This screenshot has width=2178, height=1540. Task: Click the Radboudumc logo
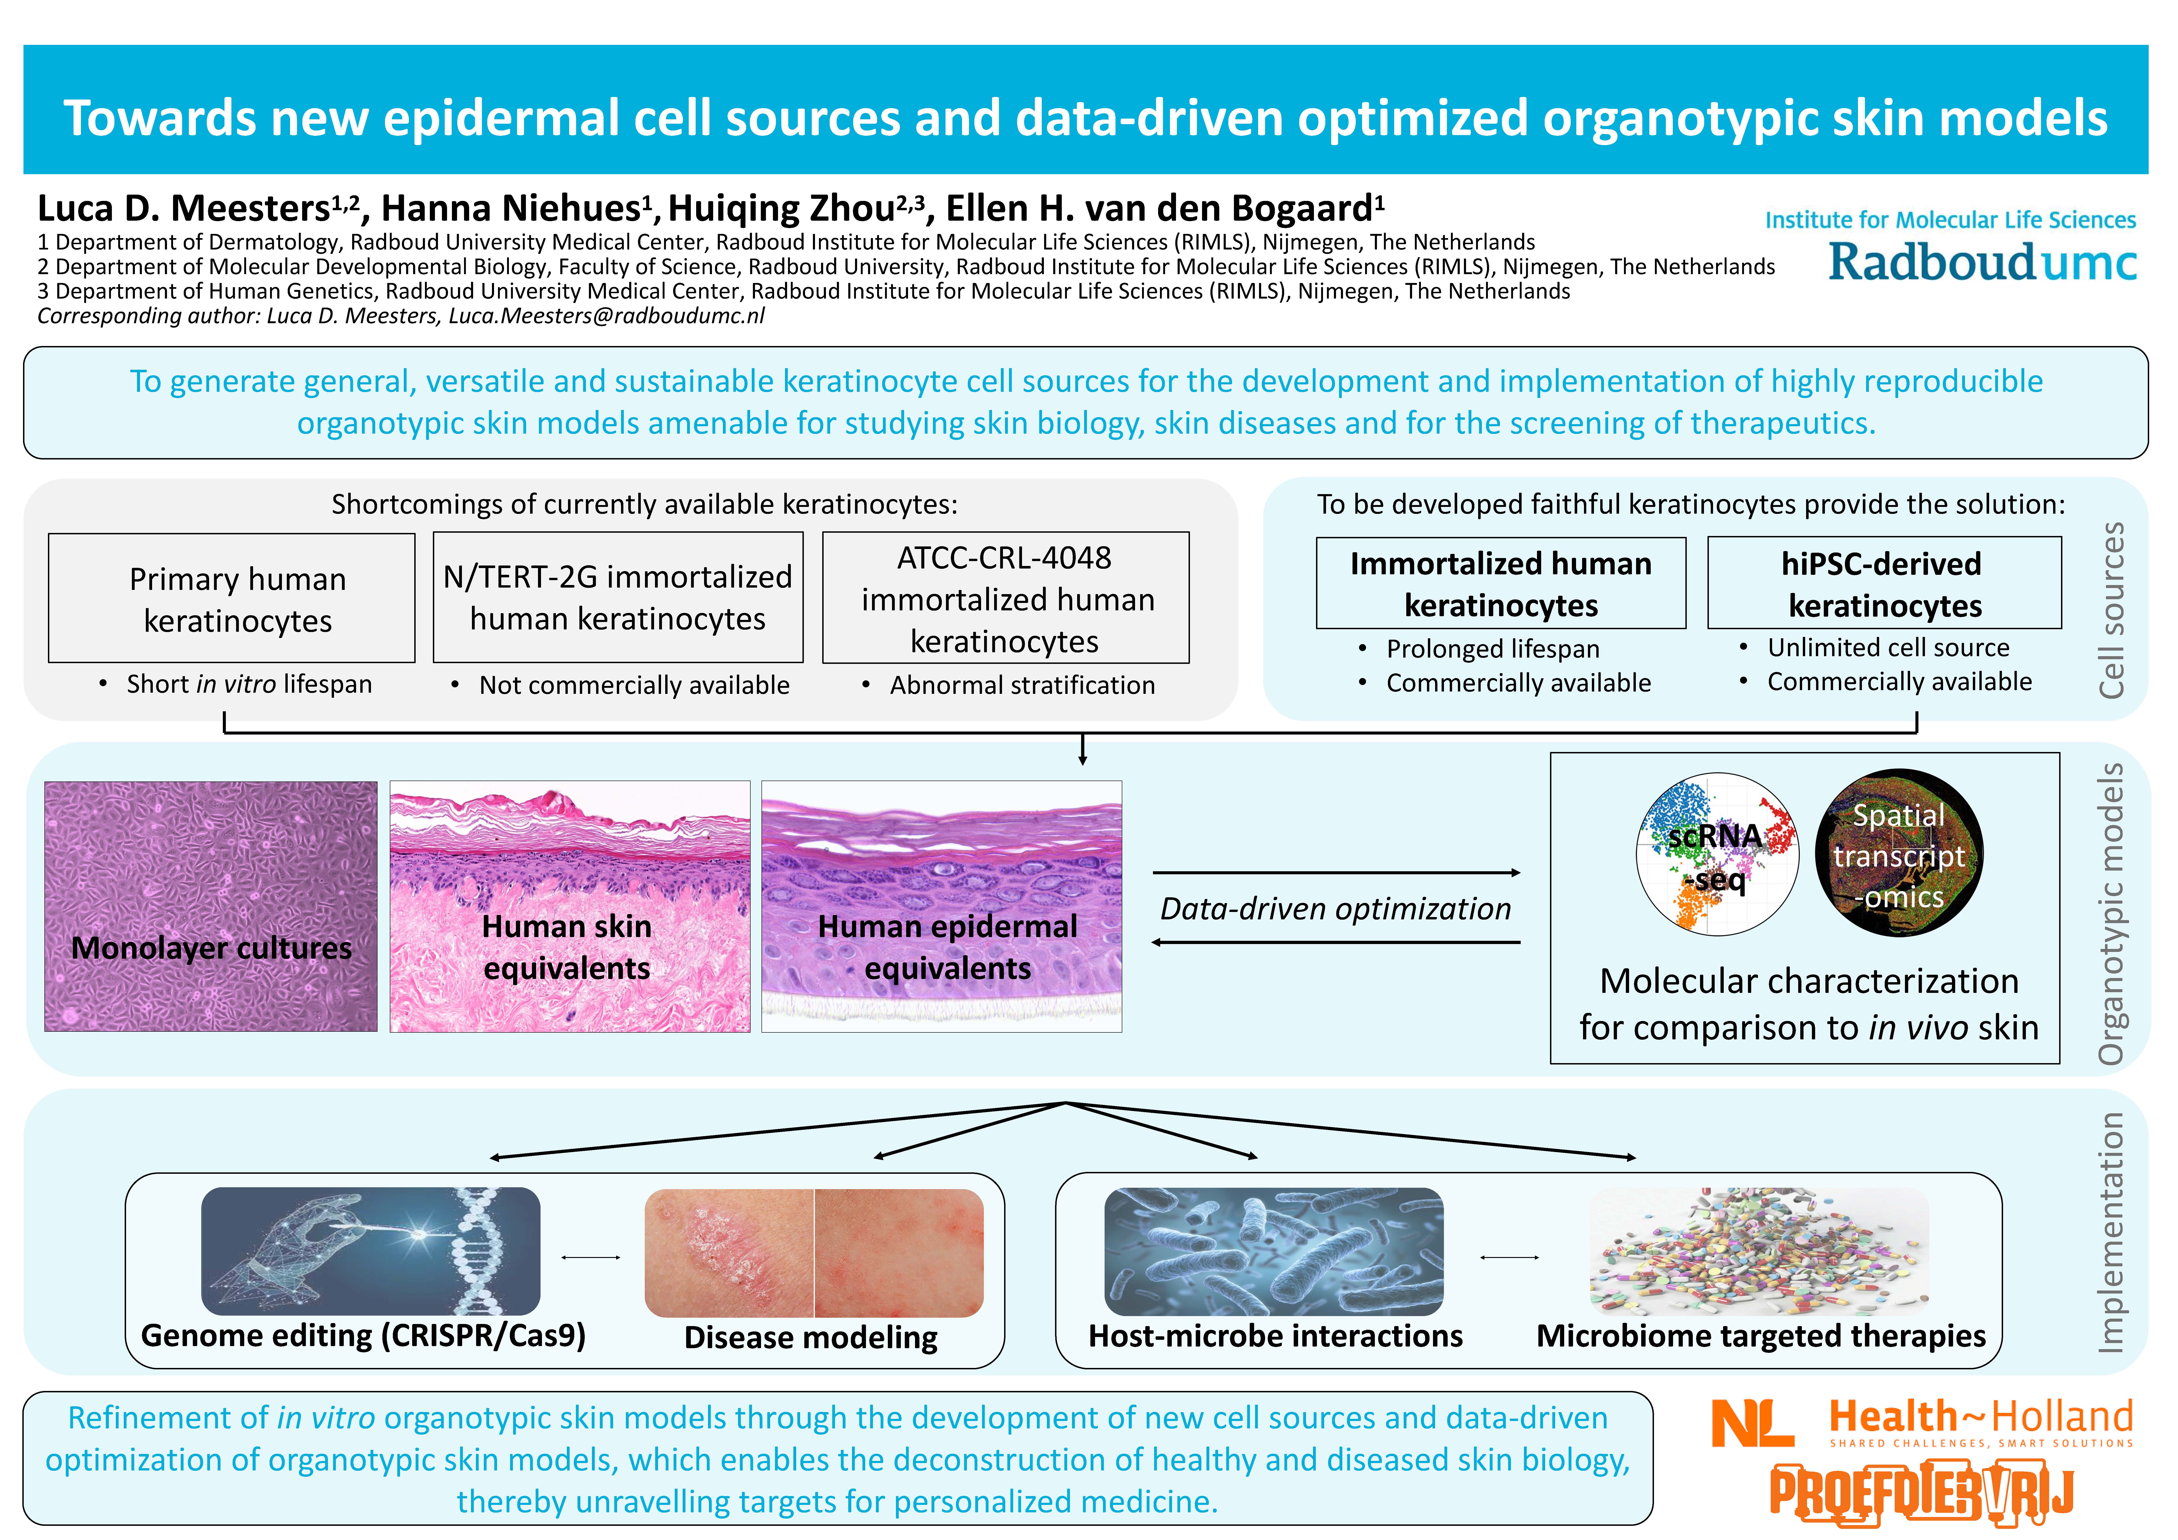(1983, 263)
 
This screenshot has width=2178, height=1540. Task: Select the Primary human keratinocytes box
(231, 598)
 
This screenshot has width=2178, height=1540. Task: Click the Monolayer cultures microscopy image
(210, 907)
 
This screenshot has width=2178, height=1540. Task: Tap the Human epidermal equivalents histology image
(942, 907)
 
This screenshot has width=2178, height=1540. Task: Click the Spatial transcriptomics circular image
(1899, 852)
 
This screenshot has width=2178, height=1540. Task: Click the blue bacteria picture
(1274, 1252)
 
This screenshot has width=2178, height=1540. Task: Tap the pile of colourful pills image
(1760, 1252)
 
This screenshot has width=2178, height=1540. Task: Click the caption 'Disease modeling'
(811, 1337)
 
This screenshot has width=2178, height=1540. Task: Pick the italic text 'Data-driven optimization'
(1336, 908)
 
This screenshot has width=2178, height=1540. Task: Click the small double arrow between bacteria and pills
(1509, 1257)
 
